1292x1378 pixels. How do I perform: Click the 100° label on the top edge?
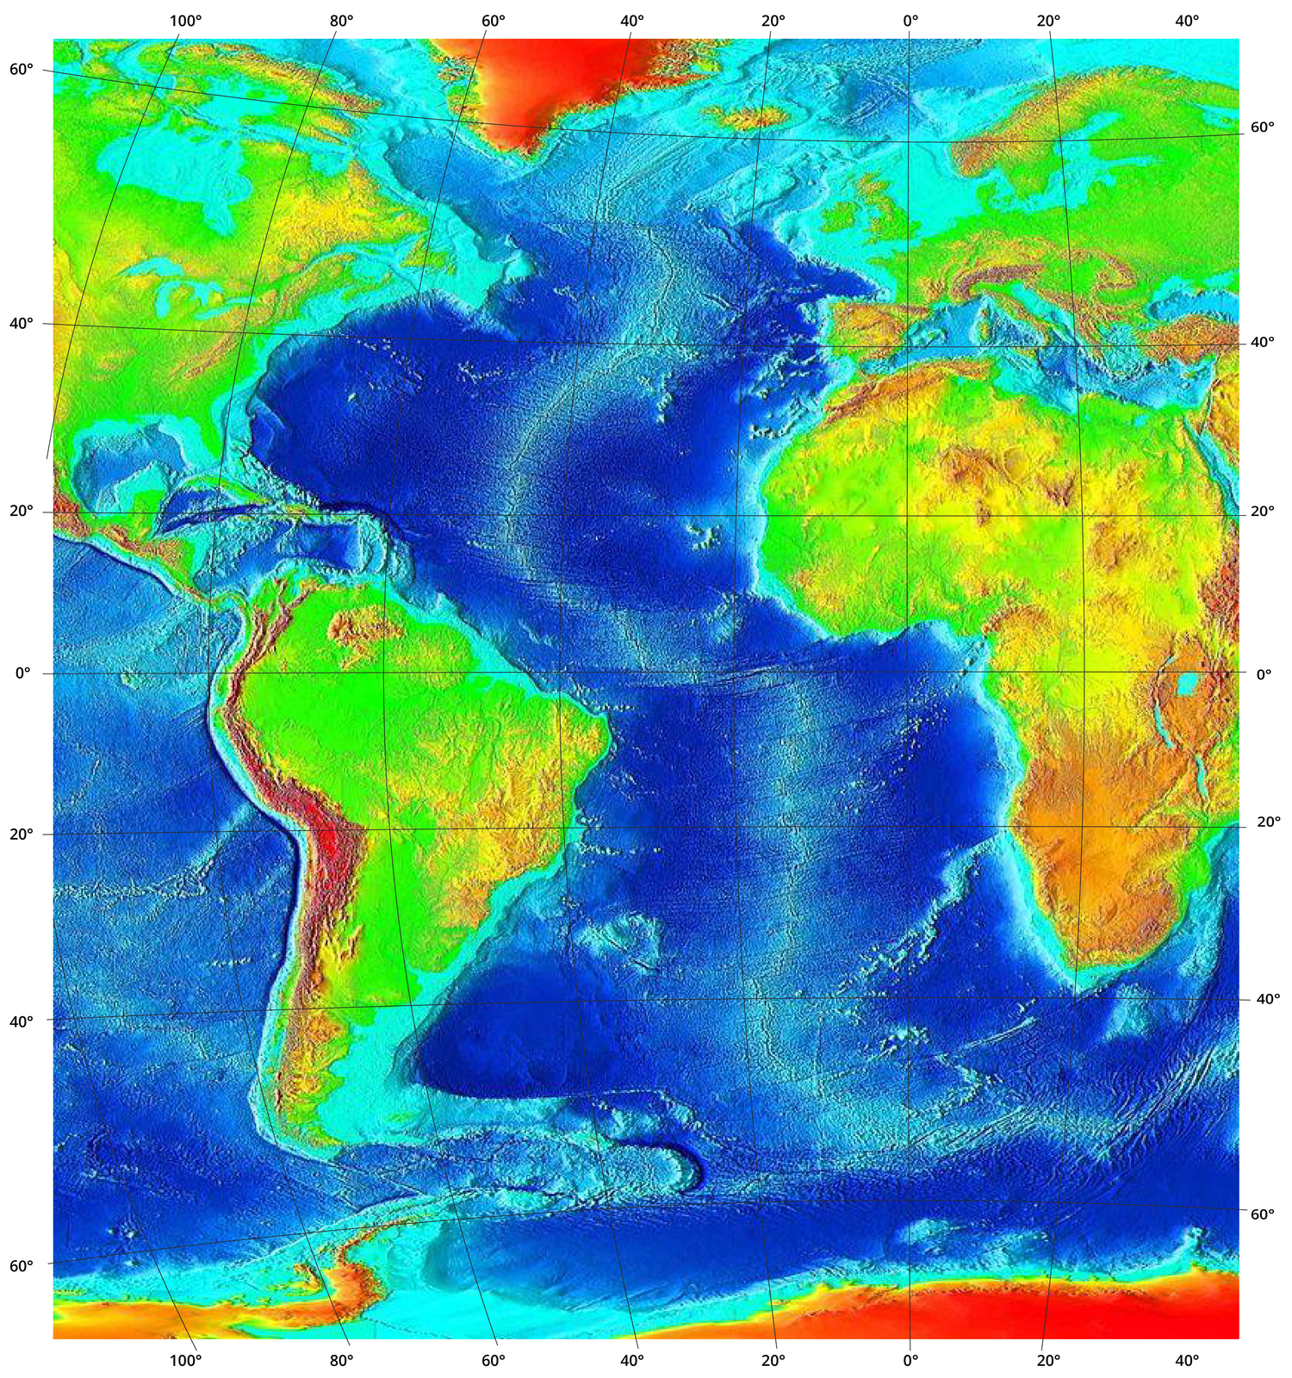185,20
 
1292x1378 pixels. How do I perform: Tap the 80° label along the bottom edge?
341,1361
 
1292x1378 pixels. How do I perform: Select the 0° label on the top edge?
910,20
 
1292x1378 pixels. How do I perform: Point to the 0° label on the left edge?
23,673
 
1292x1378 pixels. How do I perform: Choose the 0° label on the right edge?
1263,674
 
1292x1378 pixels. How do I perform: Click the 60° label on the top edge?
493,20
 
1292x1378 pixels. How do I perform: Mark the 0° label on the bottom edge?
910,1361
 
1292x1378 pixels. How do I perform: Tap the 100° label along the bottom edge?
185,1361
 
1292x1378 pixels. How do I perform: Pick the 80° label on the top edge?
341,20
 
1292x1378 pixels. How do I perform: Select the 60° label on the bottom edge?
493,1361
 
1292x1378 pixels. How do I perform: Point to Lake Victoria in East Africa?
1190,685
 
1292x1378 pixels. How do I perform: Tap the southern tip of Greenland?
531,152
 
